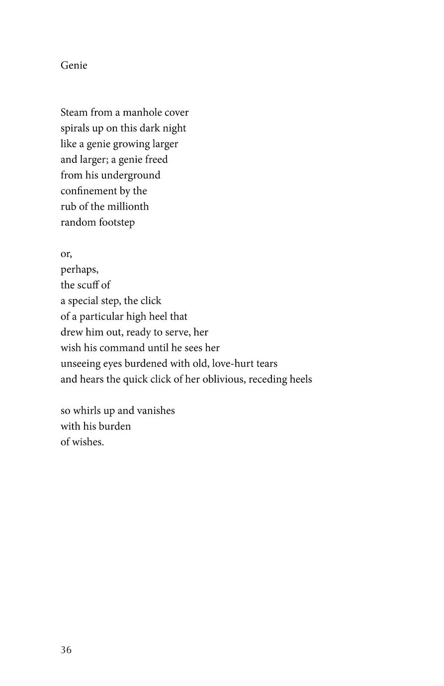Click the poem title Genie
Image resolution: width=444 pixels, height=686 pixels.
click(74, 66)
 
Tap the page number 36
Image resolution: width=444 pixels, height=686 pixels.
click(66, 650)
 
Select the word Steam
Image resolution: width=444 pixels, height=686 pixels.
click(74, 112)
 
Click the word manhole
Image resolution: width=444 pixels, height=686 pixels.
click(142, 112)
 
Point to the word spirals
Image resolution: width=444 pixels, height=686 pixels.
click(74, 128)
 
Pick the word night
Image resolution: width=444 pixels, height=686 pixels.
click(175, 128)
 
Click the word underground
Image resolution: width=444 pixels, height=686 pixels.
click(131, 175)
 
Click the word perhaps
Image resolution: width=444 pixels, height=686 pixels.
click(79, 269)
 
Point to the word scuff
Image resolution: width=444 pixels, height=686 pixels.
click(88, 285)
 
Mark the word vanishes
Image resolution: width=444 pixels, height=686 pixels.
click(155, 411)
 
